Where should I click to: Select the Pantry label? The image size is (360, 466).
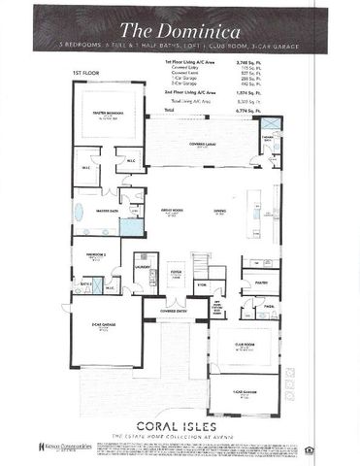coord(261,283)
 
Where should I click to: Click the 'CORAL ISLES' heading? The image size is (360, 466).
coord(180,426)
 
